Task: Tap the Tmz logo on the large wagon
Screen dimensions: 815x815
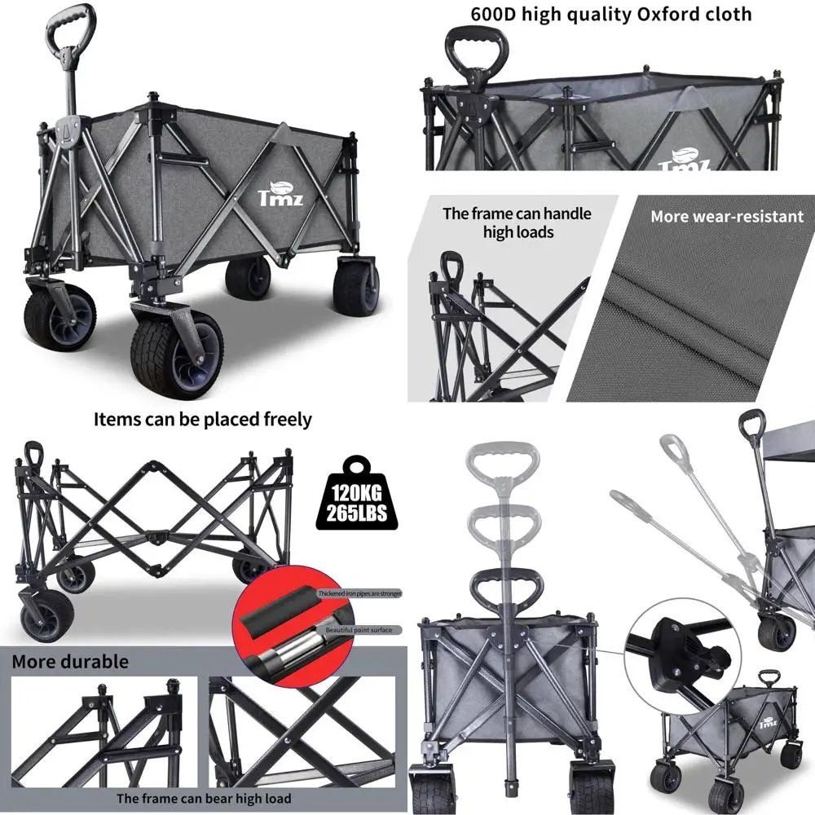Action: point(278,193)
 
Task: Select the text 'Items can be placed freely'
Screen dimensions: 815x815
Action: point(203,420)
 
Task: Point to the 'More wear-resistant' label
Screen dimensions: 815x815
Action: point(715,217)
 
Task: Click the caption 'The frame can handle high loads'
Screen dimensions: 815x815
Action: point(517,222)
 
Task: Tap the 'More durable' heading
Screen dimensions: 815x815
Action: point(70,661)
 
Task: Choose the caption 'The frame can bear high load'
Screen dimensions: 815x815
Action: point(204,799)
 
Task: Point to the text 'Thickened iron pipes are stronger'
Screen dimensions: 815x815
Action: point(359,593)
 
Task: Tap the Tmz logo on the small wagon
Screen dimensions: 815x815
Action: point(766,723)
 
